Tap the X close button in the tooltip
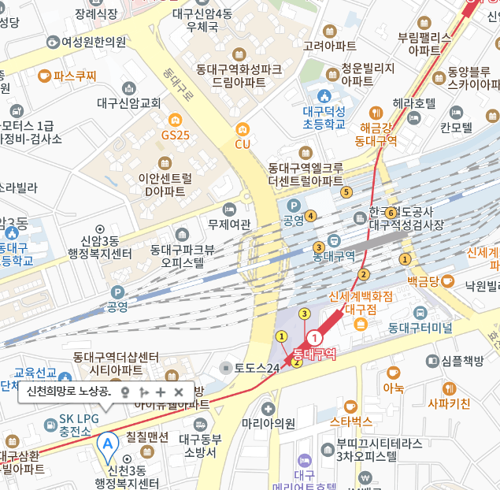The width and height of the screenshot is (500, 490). [x=179, y=392]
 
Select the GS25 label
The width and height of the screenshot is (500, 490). [x=175, y=135]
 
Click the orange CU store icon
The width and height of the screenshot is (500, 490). [x=243, y=128]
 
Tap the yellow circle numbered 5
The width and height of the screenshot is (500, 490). [x=345, y=191]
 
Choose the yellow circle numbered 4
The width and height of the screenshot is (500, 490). [x=311, y=215]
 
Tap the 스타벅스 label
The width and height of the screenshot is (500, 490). [x=351, y=421]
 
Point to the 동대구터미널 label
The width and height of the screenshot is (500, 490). [x=420, y=327]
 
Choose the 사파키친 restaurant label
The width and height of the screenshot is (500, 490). [x=449, y=404]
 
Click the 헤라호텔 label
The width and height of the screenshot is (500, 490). [x=414, y=103]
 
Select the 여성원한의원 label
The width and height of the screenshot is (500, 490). [x=94, y=42]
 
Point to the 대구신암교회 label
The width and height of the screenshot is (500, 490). [x=129, y=102]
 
